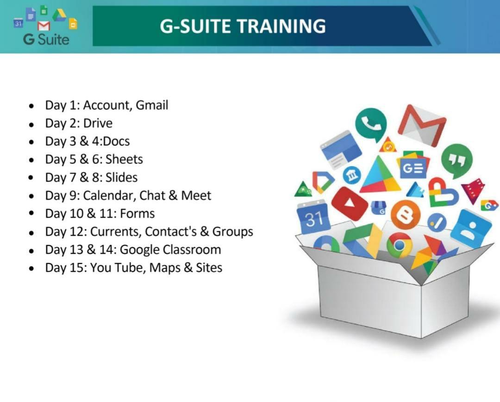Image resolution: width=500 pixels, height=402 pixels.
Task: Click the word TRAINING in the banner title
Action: tap(281, 26)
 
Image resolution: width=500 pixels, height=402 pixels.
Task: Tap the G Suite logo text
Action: tap(46, 39)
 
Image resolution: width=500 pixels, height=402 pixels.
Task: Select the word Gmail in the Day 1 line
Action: tap(152, 105)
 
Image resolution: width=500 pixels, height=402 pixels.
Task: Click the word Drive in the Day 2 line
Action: tap(98, 123)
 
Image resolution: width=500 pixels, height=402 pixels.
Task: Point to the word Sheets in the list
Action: tap(124, 159)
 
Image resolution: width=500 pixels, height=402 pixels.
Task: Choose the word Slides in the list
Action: tap(121, 177)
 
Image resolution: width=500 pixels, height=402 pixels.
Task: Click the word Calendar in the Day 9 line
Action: tap(108, 195)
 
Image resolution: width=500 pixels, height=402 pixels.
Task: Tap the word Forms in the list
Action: tap(137, 214)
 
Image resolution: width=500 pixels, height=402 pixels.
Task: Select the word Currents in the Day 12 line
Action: tap(116, 232)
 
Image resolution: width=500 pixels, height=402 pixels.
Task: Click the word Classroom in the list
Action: tap(192, 250)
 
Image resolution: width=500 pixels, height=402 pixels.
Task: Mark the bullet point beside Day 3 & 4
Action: tap(31, 142)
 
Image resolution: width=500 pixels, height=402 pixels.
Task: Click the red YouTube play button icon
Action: tap(350, 203)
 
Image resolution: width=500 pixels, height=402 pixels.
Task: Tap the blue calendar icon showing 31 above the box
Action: tap(313, 217)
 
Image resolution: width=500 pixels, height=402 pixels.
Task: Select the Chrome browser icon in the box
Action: tap(399, 245)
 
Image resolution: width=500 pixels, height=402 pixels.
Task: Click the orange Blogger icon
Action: tap(405, 215)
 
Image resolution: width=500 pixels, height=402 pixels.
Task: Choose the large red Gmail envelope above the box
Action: tap(423, 125)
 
